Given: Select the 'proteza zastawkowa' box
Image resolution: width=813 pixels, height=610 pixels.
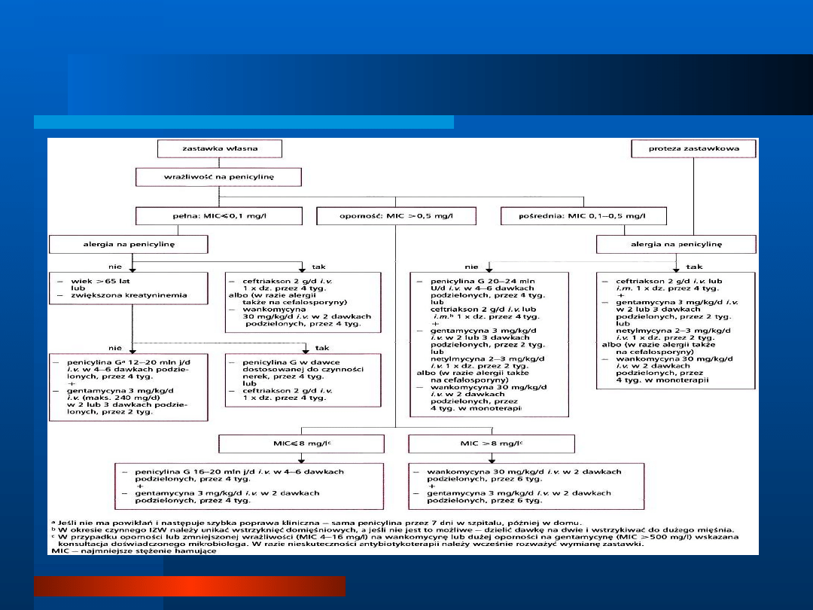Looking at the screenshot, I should pyautogui.click(x=693, y=148).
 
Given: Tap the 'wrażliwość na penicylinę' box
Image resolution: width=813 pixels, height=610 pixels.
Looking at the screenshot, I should pyautogui.click(x=218, y=178).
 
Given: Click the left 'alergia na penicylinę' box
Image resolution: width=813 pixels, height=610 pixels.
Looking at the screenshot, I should pyautogui.click(x=128, y=245).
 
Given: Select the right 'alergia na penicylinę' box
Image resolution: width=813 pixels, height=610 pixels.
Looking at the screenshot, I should pyautogui.click(x=675, y=245).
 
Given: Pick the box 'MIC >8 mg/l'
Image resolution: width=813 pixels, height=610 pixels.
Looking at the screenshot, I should pyautogui.click(x=490, y=444).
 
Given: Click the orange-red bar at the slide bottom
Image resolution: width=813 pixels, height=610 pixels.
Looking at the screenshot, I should pyautogui.click(x=189, y=586).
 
